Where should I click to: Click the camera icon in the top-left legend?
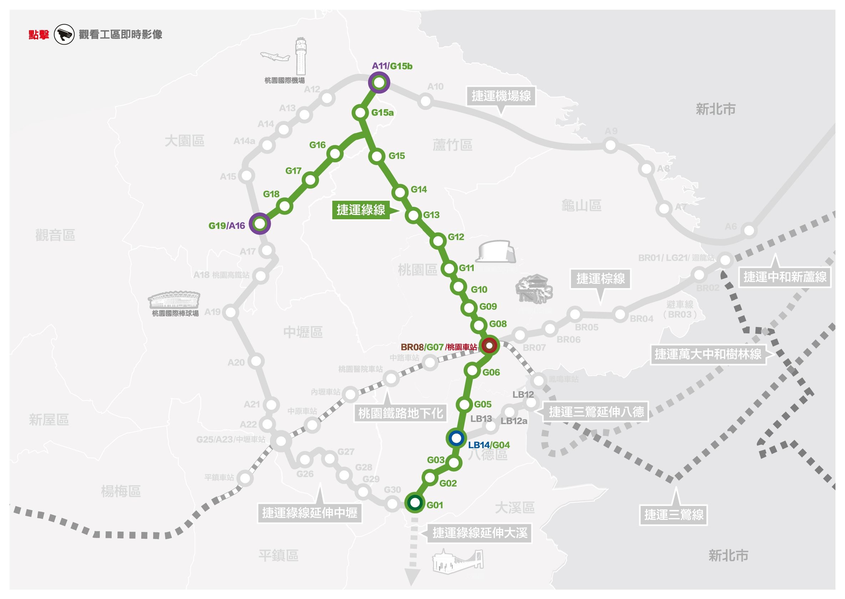(64, 35)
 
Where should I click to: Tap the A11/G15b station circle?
(379, 83)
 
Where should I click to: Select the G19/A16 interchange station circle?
(260, 224)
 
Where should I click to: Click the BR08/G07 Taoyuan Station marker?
(489, 346)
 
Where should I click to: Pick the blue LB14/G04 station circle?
(456, 438)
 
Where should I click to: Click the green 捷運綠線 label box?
(361, 210)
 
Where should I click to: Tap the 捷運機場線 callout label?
(501, 96)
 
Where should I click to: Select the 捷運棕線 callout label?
(600, 278)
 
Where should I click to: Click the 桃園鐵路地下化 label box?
(400, 413)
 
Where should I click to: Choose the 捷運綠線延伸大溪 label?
(480, 533)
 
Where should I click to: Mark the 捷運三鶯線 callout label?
(673, 514)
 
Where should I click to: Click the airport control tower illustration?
(301, 57)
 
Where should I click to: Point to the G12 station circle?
(438, 241)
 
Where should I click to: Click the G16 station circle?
(335, 153)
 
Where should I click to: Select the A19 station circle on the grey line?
(231, 312)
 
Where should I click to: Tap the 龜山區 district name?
(581, 205)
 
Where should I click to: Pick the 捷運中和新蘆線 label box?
(784, 277)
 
